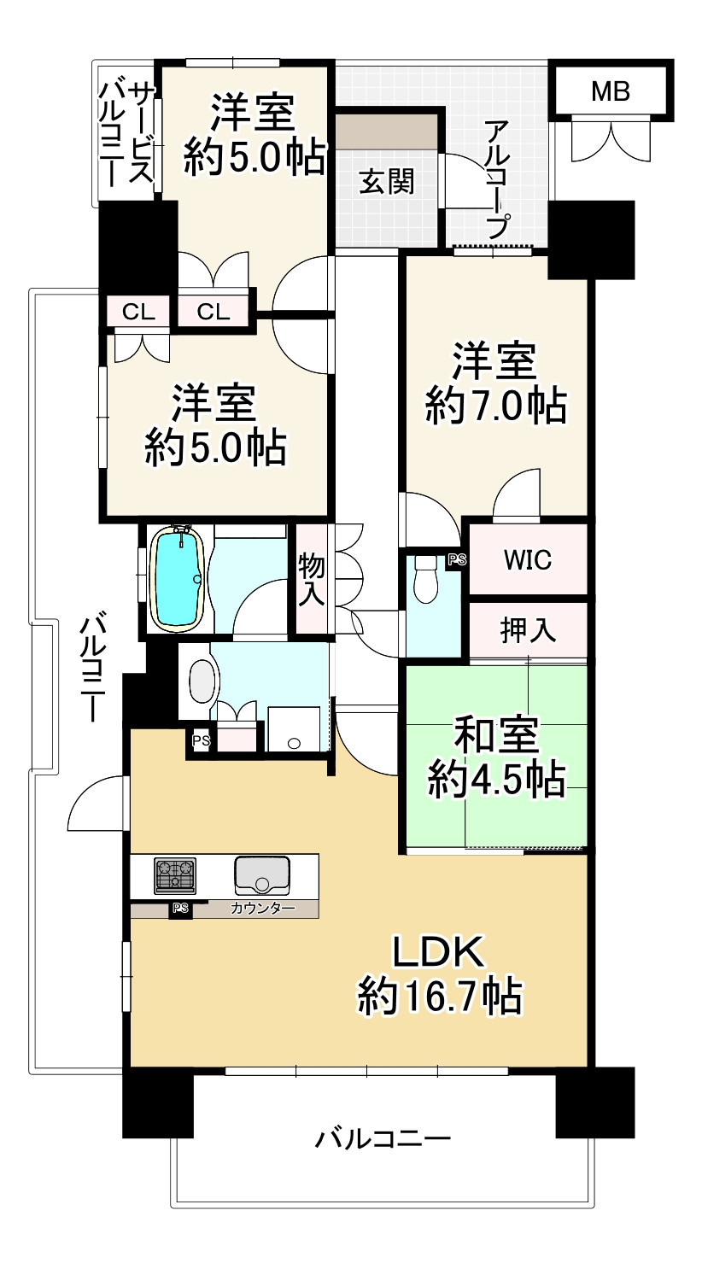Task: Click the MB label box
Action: pyautogui.click(x=611, y=91)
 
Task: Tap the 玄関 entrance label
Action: pyautogui.click(x=386, y=183)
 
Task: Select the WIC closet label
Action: pyautogui.click(x=527, y=560)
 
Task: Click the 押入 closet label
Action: pyautogui.click(x=528, y=631)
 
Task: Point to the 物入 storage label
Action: pyautogui.click(x=312, y=581)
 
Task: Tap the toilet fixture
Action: pyautogui.click(x=424, y=581)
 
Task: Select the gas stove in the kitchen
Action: pyautogui.click(x=175, y=875)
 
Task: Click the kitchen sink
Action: pyautogui.click(x=262, y=874)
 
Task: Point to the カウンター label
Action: pyautogui.click(x=262, y=909)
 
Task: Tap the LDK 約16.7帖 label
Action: pyautogui.click(x=440, y=974)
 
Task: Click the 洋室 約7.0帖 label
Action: pyautogui.click(x=495, y=383)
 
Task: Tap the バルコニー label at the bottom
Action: pyautogui.click(x=383, y=1139)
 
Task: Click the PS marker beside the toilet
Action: pyautogui.click(x=457, y=560)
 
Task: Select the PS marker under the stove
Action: pyautogui.click(x=180, y=909)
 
